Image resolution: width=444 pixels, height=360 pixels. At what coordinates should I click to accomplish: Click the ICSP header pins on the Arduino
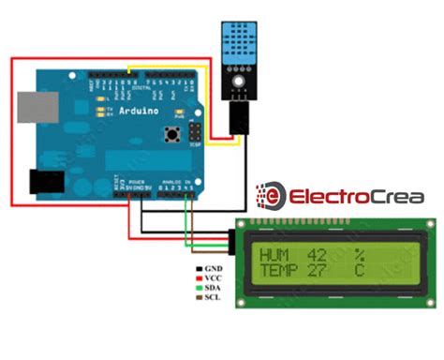click(195, 130)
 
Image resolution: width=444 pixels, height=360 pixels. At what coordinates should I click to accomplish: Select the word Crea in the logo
click(393, 197)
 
